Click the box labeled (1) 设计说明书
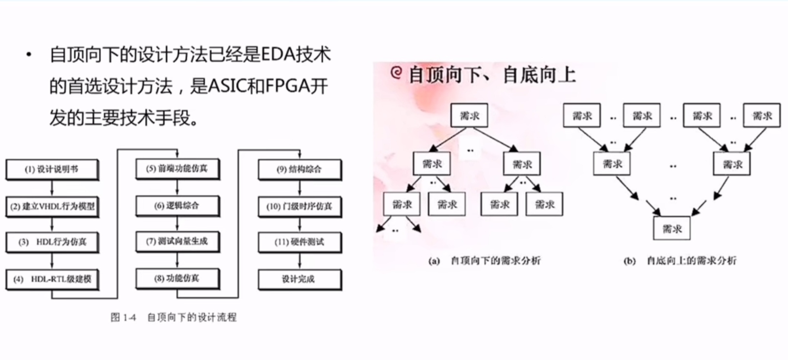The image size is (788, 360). [52, 169]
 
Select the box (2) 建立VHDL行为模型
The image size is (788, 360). [52, 206]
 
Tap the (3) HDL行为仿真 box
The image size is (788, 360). [52, 242]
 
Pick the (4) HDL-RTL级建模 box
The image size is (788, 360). [52, 279]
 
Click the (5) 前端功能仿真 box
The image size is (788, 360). [177, 169]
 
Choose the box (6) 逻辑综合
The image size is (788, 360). [177, 206]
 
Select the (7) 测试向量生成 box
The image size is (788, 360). [177, 242]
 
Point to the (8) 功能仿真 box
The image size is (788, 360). [177, 279]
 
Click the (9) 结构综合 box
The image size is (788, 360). [299, 169]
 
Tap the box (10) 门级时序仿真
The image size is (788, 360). [299, 206]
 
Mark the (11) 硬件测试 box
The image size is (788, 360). [299, 242]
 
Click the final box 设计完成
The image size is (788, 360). [299, 279]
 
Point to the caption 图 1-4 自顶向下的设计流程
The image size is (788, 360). [174, 317]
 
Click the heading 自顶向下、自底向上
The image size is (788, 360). [491, 75]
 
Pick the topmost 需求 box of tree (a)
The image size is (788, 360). [469, 116]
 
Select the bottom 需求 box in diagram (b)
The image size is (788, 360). [672, 228]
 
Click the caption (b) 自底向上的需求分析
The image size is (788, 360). [679, 261]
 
